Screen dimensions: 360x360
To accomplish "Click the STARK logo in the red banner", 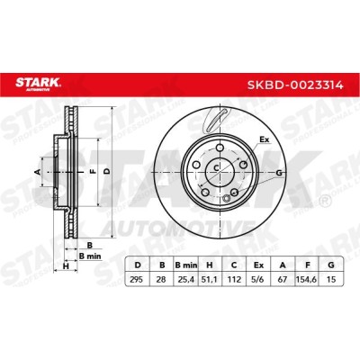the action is [x=38, y=84].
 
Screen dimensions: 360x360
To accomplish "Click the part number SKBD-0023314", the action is [x=295, y=85].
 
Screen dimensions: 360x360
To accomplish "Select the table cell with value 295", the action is [x=137, y=280].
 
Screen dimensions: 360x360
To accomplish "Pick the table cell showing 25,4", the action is [x=186, y=280].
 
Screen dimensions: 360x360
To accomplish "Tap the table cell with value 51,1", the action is [x=210, y=280].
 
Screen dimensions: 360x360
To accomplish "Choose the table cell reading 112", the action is [x=234, y=280].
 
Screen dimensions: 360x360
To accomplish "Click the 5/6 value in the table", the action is [x=258, y=280].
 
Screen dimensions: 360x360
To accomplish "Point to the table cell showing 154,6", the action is [x=307, y=280].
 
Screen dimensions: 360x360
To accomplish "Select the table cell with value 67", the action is [x=283, y=280].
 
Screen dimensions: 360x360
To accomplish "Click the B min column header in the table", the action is [x=186, y=265].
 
